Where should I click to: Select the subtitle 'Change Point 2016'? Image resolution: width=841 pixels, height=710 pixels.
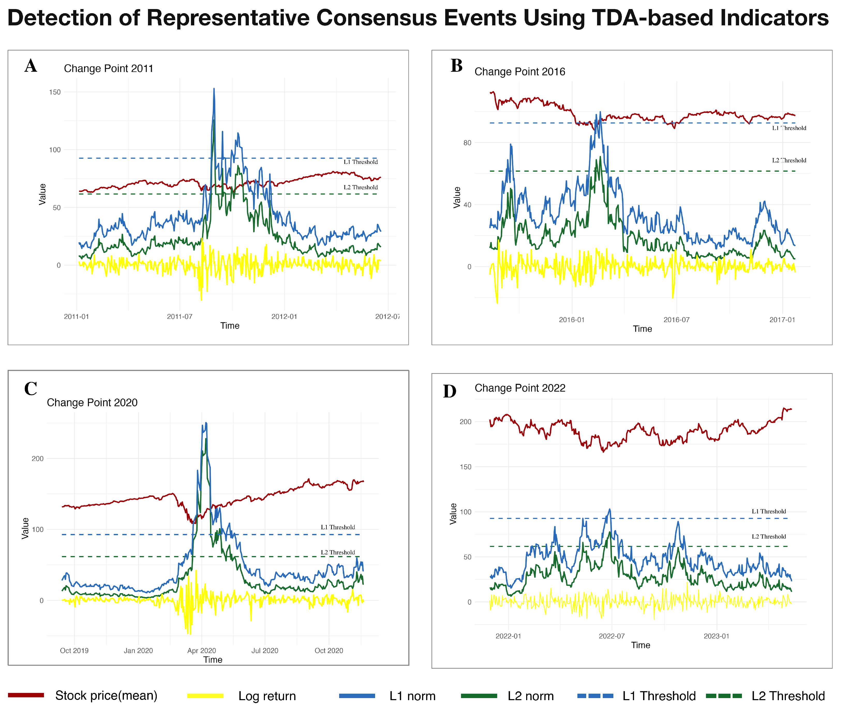[x=519, y=72]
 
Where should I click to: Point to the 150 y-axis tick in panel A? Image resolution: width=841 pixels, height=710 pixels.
[x=55, y=92]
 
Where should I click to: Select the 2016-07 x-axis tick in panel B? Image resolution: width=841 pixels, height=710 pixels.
[x=676, y=320]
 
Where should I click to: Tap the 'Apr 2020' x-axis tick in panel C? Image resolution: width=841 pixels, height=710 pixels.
[x=202, y=651]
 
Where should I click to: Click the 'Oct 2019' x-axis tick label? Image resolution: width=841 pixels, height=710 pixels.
[x=74, y=651]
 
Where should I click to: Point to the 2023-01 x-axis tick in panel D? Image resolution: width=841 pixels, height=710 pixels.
[x=716, y=636]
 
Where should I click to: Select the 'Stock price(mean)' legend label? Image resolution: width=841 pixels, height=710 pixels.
[x=106, y=695]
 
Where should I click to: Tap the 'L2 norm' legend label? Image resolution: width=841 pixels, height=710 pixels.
[x=530, y=696]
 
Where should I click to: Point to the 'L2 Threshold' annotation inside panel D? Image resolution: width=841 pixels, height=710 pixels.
[x=769, y=537]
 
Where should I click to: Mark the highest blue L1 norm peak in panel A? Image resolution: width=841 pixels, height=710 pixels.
[x=214, y=89]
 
